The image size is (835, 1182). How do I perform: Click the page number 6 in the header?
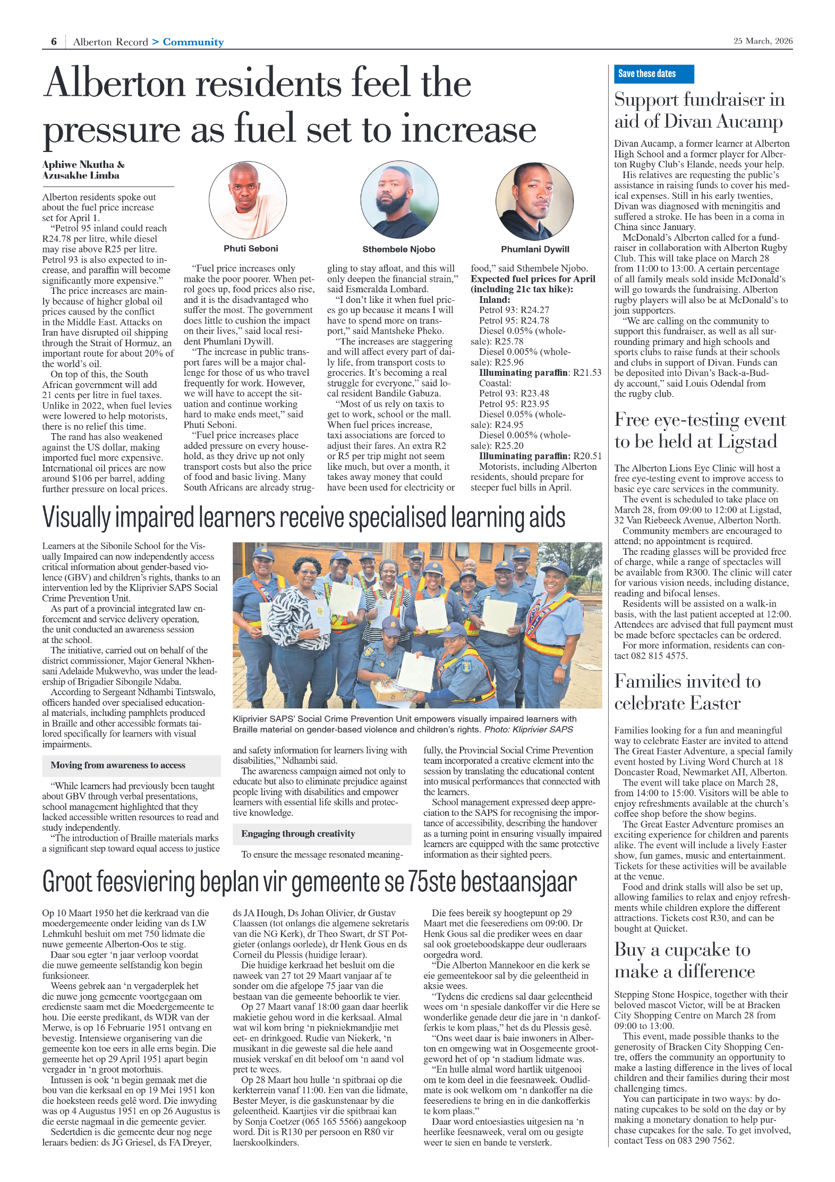(54, 41)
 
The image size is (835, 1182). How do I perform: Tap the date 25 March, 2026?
(762, 41)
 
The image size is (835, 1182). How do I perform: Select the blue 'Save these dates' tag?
(653, 74)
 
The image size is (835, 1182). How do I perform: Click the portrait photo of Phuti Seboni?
(248, 200)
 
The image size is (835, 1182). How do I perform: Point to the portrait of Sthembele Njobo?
(399, 200)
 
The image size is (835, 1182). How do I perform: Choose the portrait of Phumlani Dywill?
(534, 201)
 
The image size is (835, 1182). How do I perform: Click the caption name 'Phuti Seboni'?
(251, 248)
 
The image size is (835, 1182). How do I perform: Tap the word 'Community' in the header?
(193, 42)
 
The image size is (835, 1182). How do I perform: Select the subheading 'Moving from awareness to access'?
(118, 765)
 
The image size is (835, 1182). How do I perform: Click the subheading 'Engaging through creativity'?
(298, 833)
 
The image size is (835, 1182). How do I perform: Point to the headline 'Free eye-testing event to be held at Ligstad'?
(700, 430)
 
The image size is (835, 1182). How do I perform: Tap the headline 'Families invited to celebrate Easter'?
(687, 692)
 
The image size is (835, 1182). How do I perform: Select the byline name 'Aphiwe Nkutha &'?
(83, 164)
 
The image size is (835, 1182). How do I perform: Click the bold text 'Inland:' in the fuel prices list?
(494, 300)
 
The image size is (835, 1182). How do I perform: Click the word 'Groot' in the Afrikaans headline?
(67, 882)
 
